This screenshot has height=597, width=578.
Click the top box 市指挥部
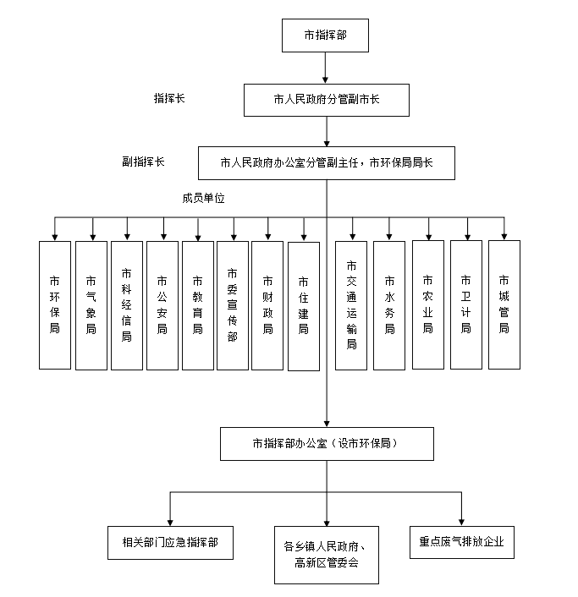(x=325, y=36)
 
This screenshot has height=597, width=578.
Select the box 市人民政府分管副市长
(x=327, y=100)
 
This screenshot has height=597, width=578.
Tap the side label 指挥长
(x=169, y=98)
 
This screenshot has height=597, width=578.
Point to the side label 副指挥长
(x=143, y=162)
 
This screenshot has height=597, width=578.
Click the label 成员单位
(x=203, y=198)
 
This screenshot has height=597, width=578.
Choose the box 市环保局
(x=55, y=305)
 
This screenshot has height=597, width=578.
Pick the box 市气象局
(x=91, y=305)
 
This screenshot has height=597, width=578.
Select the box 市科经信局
(x=127, y=305)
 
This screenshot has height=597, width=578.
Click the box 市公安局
(x=162, y=305)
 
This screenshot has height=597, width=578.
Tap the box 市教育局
(x=198, y=305)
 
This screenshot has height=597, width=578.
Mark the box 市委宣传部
(x=233, y=305)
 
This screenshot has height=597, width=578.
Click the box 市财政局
(x=267, y=305)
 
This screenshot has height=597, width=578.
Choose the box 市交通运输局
(x=351, y=305)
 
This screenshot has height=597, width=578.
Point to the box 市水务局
(x=389, y=305)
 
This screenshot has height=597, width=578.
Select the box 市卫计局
(x=466, y=304)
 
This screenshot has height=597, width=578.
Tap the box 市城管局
(x=504, y=304)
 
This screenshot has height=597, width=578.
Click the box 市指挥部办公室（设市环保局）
(x=327, y=444)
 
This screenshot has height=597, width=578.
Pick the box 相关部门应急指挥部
(x=170, y=543)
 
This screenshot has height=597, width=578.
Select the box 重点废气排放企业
(x=462, y=543)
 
